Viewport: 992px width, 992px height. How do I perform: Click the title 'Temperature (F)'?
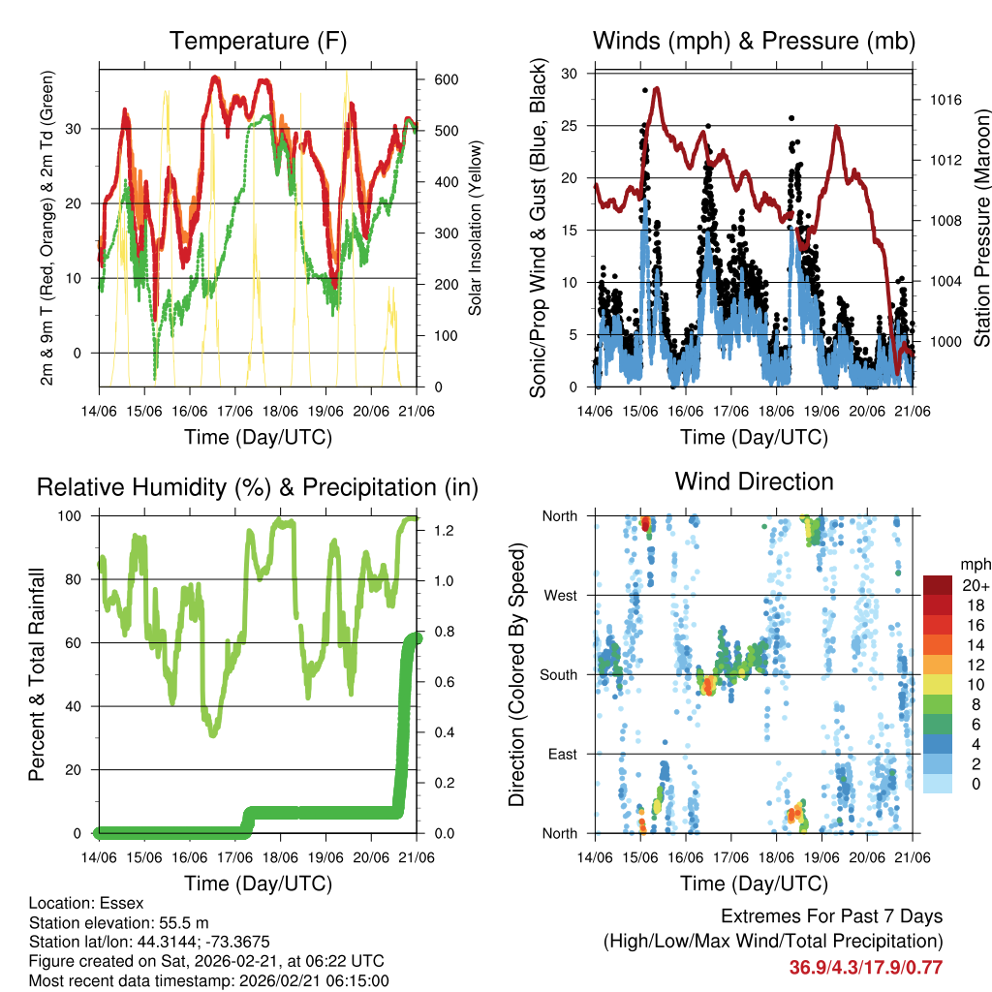(258, 41)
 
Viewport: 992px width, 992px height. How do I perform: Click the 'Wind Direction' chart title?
(754, 481)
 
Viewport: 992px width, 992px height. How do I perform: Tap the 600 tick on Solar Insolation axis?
(445, 79)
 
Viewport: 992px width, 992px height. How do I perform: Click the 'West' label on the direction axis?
(559, 595)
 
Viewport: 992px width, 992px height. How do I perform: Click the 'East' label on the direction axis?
(561, 754)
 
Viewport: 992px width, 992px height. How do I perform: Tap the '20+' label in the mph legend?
(976, 585)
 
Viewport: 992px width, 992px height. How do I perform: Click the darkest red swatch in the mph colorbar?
(937, 584)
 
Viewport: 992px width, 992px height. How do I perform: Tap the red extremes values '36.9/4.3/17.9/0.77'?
(866, 967)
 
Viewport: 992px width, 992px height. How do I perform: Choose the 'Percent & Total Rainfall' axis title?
(37, 674)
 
